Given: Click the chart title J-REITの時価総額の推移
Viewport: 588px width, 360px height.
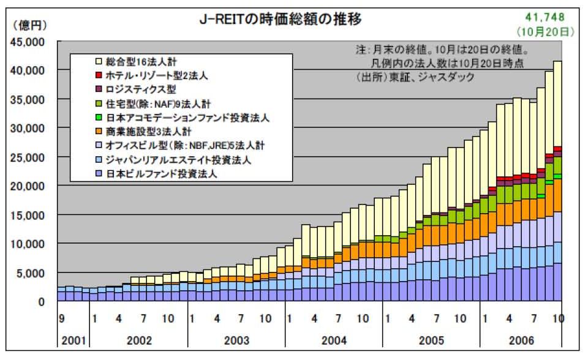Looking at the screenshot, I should point(281,20).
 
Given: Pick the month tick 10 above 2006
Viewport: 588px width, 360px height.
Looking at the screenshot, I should point(557,319).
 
